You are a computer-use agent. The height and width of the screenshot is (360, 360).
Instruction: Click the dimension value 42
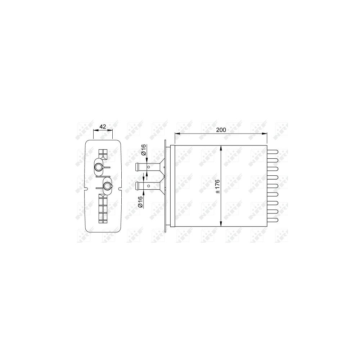click(x=103, y=126)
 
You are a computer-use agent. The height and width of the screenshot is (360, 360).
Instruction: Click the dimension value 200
click(x=221, y=130)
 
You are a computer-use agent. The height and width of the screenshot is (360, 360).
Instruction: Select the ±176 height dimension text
click(x=217, y=186)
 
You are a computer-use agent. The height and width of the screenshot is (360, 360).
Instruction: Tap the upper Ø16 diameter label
click(x=144, y=150)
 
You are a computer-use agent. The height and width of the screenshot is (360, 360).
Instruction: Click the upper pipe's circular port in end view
click(x=99, y=167)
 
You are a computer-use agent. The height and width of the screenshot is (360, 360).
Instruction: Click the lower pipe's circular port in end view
click(x=107, y=185)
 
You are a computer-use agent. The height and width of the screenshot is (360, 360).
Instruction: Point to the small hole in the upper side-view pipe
click(x=149, y=167)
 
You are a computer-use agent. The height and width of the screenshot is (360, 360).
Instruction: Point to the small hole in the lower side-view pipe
click(x=149, y=185)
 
